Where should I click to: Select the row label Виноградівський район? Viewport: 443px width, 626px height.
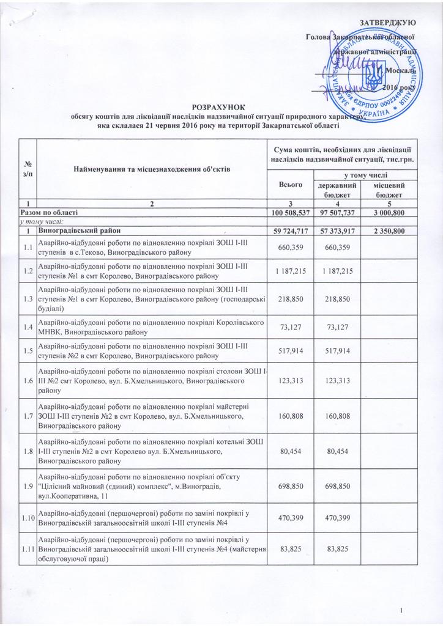[77, 230]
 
